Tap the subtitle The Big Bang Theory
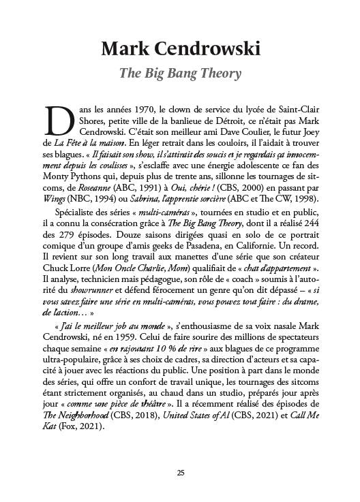pos(180,73)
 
